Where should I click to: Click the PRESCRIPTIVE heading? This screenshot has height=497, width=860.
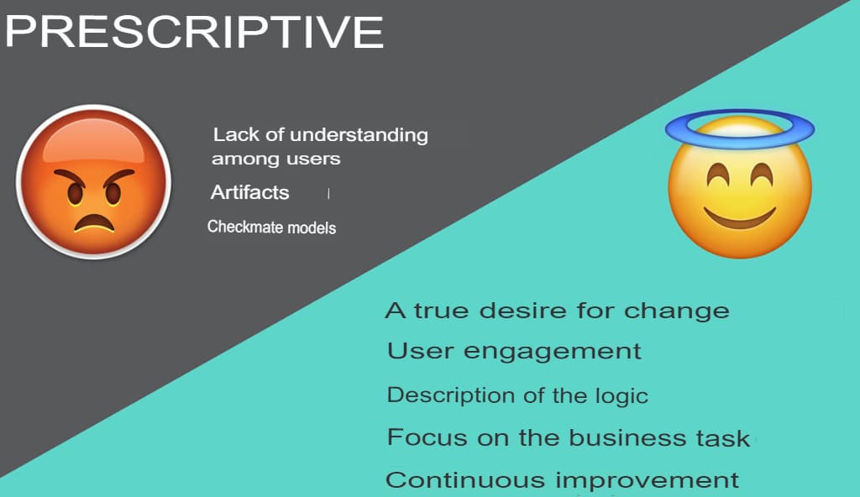194,32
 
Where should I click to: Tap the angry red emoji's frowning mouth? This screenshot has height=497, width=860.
94,222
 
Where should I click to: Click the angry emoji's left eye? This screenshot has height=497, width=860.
76,193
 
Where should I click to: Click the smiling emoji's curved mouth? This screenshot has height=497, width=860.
740,217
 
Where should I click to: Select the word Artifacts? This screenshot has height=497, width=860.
250,192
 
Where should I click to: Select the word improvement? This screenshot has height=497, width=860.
648,481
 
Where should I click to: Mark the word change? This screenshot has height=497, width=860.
677,311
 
